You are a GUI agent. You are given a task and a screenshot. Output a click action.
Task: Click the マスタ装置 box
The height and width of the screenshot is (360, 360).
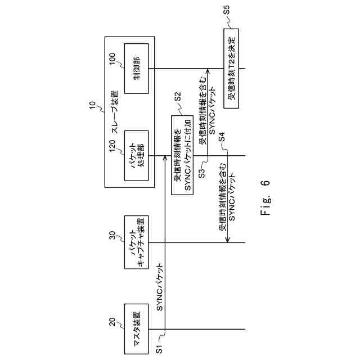pyautogui.click(x=137, y=329)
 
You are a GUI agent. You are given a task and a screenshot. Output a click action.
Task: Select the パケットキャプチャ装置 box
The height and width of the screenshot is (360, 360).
pyautogui.click(x=137, y=242)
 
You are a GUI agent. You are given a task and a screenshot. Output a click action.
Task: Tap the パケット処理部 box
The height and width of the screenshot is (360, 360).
pyautogui.click(x=137, y=156)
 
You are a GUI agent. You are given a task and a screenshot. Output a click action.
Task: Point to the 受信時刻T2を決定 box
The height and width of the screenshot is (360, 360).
pyautogui.click(x=231, y=69)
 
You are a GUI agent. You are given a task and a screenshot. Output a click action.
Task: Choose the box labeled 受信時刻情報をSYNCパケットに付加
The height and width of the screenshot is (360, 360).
pyautogui.click(x=181, y=156)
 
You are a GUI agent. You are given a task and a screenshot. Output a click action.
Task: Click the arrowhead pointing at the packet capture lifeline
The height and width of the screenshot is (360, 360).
pyautogui.click(x=227, y=241)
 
